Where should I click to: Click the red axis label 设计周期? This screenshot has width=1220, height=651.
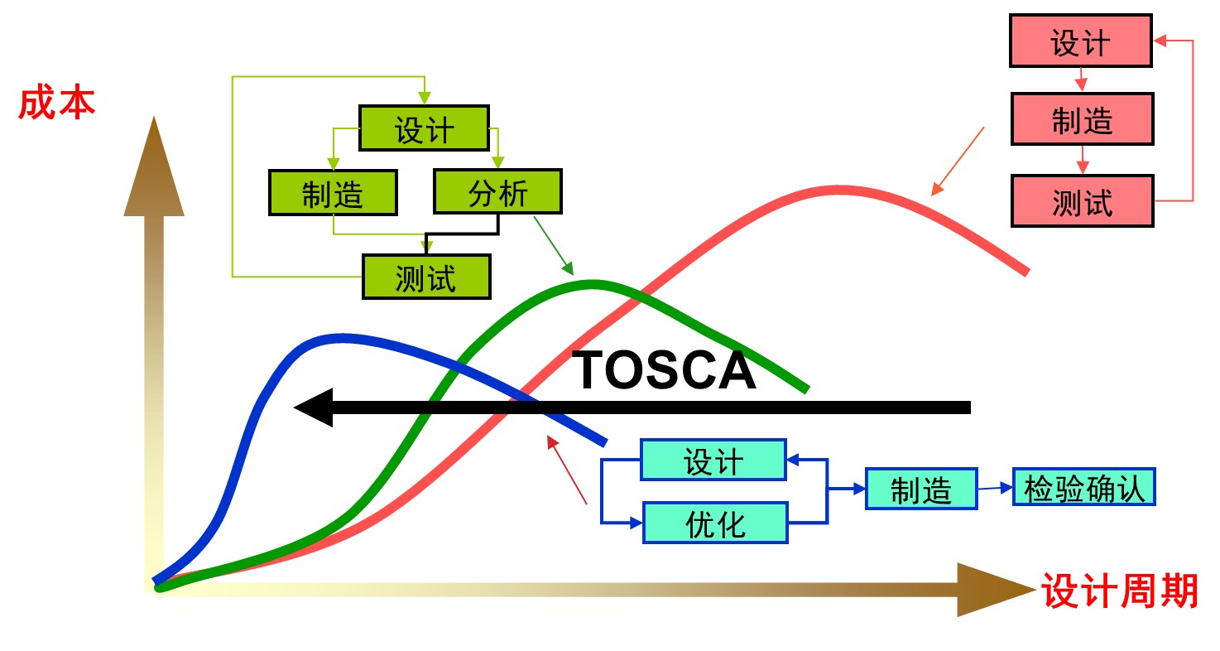point(1120,591)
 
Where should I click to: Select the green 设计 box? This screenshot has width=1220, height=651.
point(424,128)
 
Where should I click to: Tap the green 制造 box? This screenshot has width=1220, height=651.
point(333,192)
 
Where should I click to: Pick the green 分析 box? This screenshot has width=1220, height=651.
point(497,192)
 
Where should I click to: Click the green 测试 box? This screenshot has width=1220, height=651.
point(426,277)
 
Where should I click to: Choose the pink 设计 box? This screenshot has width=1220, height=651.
point(1081,41)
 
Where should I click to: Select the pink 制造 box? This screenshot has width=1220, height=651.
point(1082,119)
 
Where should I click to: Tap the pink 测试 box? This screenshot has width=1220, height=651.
point(1082,200)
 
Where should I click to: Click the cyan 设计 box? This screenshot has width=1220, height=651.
point(713,460)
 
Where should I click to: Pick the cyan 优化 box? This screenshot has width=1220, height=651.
point(715,523)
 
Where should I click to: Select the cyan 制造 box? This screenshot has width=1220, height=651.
point(921,489)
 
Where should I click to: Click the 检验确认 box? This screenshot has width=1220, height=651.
point(1083,487)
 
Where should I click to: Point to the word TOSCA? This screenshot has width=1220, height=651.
point(665,370)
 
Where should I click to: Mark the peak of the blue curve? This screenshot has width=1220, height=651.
point(341,336)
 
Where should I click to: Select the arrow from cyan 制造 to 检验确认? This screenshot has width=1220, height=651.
point(995,488)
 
